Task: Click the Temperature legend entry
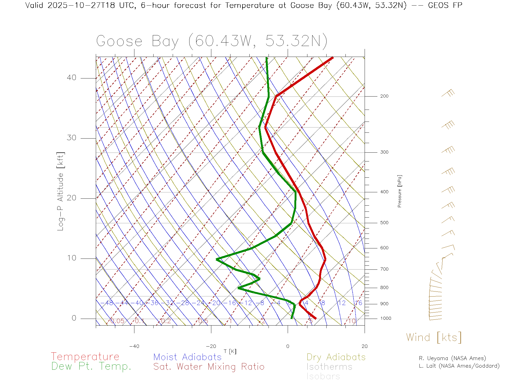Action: pos(85,356)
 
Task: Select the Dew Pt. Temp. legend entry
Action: pos(91,367)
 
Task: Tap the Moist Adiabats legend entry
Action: pos(187,357)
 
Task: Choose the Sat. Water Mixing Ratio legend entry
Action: pos(209,367)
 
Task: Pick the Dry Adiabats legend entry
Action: pos(336,357)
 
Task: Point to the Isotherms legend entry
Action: pos(329,367)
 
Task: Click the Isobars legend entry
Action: pos(323,376)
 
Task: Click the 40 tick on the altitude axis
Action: pos(71,78)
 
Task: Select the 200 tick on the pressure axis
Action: pos(384,96)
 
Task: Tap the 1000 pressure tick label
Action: pos(386,318)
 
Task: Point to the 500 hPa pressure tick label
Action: pos(384,223)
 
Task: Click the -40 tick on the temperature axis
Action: pos(134,346)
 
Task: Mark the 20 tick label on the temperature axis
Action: pos(364,346)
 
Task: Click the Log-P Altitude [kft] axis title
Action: pos(61,191)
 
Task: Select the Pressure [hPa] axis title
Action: pos(399,191)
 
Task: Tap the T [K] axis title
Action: pos(230,352)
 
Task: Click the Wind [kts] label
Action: pos(434,338)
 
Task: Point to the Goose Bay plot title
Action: pos(212,41)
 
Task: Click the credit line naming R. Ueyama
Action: pos(452,358)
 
